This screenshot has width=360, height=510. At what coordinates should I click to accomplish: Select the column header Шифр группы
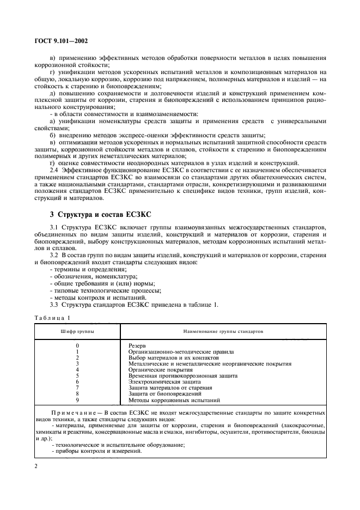coord(77,331)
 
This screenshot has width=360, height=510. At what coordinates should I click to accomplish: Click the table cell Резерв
coord(137,346)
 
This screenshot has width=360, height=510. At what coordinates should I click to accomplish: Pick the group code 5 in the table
coord(78,376)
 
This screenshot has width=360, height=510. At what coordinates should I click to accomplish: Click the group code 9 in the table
coord(78,400)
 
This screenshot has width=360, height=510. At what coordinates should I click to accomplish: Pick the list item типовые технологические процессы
coord(100,291)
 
